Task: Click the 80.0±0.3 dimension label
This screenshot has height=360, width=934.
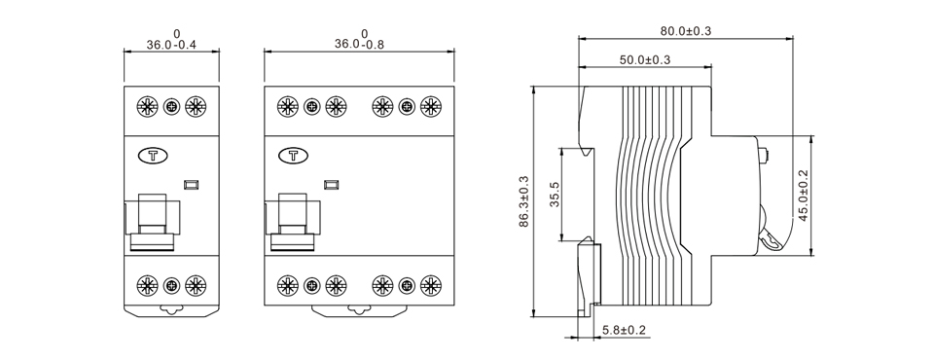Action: (686, 31)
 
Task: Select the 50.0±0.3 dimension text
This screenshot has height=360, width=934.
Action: (645, 60)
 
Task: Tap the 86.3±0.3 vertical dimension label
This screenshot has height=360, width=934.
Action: (524, 201)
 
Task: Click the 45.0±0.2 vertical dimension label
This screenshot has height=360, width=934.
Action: (803, 196)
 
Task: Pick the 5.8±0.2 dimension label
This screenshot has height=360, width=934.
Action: (624, 331)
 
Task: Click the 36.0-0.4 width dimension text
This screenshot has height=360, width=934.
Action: (170, 45)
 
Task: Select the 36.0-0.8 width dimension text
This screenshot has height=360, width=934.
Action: (359, 45)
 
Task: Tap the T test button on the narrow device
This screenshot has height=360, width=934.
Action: (153, 155)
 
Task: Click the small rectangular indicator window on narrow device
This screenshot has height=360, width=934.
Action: (192, 182)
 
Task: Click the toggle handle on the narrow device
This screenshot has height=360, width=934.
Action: (153, 215)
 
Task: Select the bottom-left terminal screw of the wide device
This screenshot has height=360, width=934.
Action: (288, 285)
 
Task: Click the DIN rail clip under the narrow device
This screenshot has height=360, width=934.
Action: (171, 311)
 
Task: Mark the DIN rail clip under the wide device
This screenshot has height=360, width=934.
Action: (359, 311)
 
